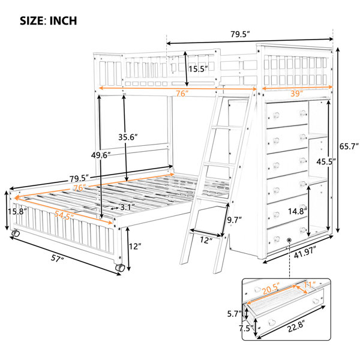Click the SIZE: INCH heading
(48, 20)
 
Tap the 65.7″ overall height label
(349, 146)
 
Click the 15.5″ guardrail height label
(198, 68)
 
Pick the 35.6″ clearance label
(128, 137)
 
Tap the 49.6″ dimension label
(101, 155)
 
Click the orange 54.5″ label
(64, 215)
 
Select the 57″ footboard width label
(57, 259)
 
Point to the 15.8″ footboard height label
(17, 211)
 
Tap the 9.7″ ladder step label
(235, 220)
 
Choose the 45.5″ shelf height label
(326, 161)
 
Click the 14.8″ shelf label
(298, 211)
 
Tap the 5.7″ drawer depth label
(235, 314)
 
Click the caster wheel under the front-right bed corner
(120, 268)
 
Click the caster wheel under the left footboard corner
(16, 233)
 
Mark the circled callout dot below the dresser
(289, 240)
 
